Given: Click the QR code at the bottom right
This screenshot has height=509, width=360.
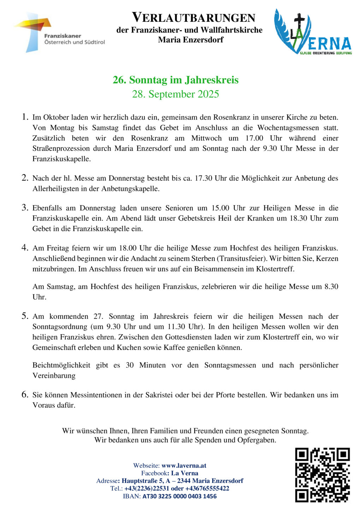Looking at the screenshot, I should coord(322,475).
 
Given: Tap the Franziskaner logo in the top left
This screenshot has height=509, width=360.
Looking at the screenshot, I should coord(59,32).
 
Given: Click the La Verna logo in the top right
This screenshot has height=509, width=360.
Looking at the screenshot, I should coord(313,32).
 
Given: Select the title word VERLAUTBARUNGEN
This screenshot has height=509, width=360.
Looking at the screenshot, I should coord(193,18).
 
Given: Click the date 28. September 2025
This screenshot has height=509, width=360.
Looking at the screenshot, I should coord(175,94).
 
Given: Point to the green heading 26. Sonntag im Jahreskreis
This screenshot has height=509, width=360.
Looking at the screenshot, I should coord(175,80).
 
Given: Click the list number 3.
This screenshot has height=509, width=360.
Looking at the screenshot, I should coord(25,208).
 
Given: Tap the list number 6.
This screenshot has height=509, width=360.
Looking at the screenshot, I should coord(25,395).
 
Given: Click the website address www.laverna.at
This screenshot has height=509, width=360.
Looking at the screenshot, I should coord(184,466).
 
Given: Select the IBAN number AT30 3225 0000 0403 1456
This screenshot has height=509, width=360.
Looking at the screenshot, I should coord(179,496).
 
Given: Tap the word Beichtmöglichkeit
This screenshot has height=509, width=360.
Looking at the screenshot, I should coord(61,365).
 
